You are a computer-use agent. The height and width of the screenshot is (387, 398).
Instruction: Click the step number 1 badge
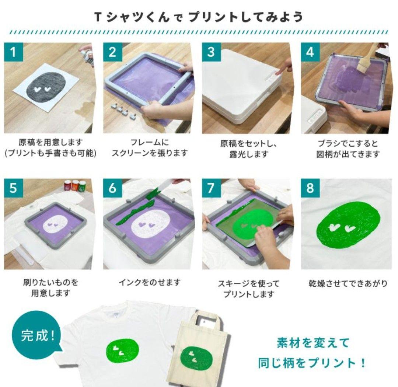coord(13,52)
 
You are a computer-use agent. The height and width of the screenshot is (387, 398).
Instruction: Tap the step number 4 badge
coord(310,52)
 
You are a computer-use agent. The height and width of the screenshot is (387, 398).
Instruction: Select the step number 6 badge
coord(112,188)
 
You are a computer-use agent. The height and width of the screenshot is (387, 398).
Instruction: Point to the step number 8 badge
coord(310,188)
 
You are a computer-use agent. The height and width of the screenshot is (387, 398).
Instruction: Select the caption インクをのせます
coord(150,282)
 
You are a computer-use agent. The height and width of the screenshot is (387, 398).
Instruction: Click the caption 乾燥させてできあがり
coord(348,283)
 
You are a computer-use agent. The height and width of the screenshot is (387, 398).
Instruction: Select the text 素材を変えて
coord(313,343)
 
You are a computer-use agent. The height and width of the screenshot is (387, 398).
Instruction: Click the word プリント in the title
coord(211,17)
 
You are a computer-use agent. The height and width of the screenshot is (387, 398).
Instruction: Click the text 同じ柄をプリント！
coord(312,363)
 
